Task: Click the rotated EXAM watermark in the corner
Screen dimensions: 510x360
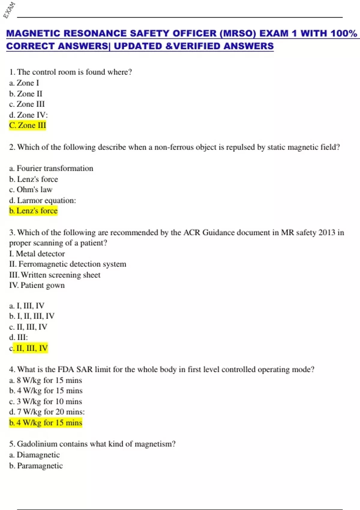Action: click(9, 10)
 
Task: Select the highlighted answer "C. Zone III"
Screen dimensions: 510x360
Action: click(28, 125)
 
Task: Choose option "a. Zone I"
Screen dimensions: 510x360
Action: click(24, 83)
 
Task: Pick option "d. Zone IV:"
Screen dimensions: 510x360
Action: click(28, 115)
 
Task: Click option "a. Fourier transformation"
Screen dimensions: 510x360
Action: click(51, 168)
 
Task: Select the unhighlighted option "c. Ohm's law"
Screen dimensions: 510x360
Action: click(31, 190)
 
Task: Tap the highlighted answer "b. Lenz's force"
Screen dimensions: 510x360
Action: click(33, 211)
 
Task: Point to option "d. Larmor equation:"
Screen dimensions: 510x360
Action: click(42, 200)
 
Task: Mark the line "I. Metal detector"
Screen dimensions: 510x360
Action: click(37, 254)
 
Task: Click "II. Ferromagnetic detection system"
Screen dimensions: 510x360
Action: click(67, 264)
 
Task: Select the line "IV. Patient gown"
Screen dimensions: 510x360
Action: click(37, 285)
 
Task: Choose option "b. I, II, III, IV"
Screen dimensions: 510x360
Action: click(32, 316)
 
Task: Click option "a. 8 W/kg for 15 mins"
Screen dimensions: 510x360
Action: click(45, 380)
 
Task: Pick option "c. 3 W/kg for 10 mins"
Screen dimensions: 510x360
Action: click(45, 401)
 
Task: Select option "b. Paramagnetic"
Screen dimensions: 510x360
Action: click(36, 466)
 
